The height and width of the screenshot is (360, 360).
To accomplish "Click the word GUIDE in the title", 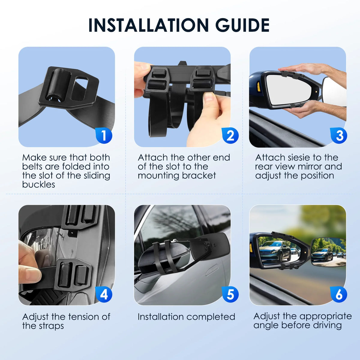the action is [242, 25].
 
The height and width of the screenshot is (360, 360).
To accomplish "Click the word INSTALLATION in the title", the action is [148, 25].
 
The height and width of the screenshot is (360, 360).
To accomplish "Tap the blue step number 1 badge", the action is [104, 135].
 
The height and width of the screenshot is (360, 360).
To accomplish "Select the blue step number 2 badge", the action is [230, 135].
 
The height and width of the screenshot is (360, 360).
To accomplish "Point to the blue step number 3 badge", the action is [338, 135].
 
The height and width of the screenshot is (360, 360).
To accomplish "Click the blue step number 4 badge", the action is [104, 294].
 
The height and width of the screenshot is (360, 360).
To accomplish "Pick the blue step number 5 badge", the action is [230, 294].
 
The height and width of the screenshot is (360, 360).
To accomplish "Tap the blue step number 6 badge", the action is [338, 294].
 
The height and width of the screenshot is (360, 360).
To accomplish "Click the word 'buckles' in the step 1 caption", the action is [39, 184].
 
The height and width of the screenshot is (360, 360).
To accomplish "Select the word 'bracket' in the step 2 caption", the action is [199, 175].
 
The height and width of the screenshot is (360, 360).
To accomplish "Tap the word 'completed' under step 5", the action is [211, 317].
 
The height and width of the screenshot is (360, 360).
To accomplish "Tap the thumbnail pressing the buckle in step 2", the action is [209, 97].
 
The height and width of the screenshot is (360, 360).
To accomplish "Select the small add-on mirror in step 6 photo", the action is [328, 251].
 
